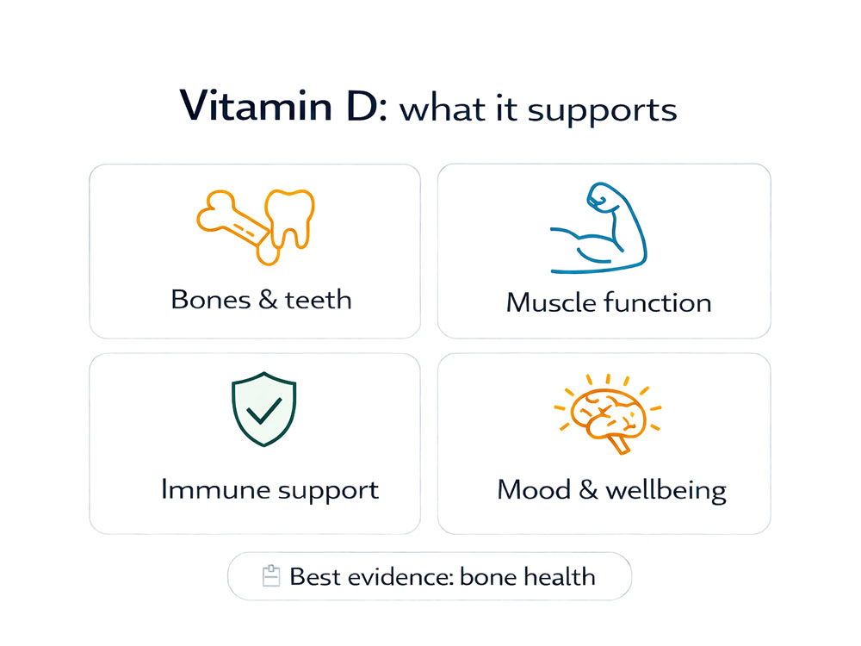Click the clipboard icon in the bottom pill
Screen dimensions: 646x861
tap(271, 575)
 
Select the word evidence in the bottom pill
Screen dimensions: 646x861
tap(400, 576)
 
